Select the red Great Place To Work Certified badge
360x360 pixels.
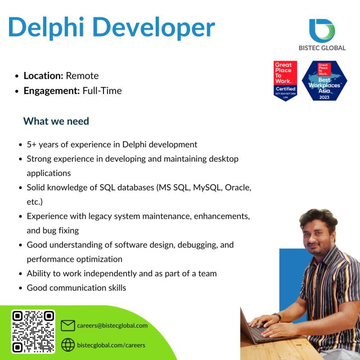[285, 81]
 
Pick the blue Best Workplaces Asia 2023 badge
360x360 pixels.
[324, 81]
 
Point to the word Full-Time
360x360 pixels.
[102, 90]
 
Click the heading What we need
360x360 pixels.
[56, 121]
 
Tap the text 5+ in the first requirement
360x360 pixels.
[31, 144]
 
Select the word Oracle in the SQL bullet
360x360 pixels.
[237, 188]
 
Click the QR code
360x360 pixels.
[33, 331]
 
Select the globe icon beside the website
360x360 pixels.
[67, 345]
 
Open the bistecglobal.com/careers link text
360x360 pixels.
[111, 345]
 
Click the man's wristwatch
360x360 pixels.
[277, 317]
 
